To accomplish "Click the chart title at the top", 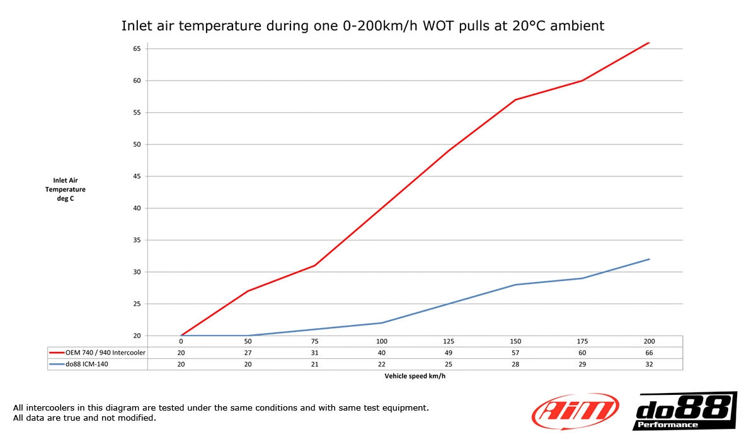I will tap(362, 26).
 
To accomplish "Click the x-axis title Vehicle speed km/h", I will tap(415, 376).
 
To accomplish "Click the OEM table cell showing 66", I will tap(649, 353).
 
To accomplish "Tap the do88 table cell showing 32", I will tap(649, 364).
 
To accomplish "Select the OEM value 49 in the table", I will tap(449, 353).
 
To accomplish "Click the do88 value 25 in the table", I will tap(449, 364).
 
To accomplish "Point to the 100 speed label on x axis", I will tap(382, 341).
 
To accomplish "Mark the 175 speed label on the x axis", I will tap(582, 341).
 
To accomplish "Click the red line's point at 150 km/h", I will tap(515, 100).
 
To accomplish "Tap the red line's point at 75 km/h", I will tap(315, 265).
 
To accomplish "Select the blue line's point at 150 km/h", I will tap(515, 285).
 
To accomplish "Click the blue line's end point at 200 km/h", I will tap(649, 259).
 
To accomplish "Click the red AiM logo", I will tap(575, 411).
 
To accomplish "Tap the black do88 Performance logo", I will tap(684, 411).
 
